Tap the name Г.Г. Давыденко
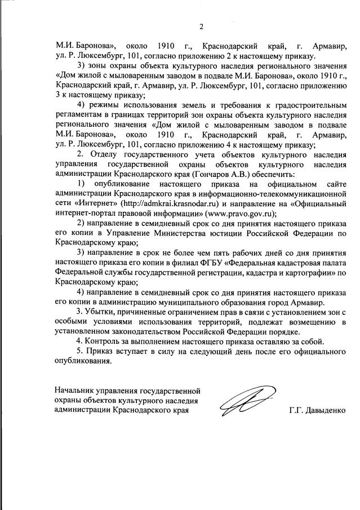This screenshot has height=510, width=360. [x=317, y=410]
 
